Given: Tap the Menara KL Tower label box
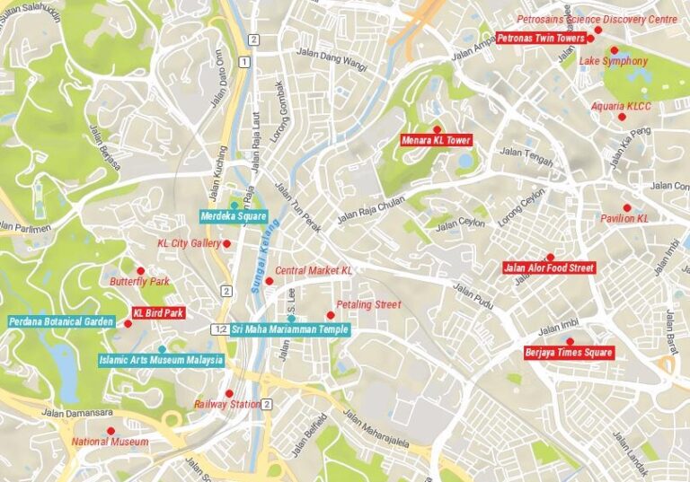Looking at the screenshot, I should point(437,140).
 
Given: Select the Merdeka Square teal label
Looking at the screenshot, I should point(234,216).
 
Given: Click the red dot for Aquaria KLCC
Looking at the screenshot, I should point(623,117).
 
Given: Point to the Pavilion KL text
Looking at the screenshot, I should point(624,218).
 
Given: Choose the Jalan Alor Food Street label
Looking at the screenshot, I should point(549,267).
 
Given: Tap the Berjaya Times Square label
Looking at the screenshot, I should point(569,353).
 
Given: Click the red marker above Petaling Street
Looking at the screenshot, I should point(331,315).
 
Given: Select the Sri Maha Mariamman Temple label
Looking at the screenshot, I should point(290,329).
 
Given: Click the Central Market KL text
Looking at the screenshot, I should point(314,270).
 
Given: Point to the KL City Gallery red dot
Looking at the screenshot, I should point(226,243).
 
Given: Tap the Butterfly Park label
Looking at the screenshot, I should point(139,282).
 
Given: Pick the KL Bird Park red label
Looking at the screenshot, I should point(158,313).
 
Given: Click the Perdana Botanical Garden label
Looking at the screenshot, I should point(61,321).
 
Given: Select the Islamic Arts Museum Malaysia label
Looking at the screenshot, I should point(161,362).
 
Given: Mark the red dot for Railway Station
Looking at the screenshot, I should point(229,393).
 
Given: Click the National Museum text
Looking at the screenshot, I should point(111,442).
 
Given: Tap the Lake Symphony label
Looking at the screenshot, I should point(613,61).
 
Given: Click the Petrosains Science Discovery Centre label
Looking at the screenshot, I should point(597,19).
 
